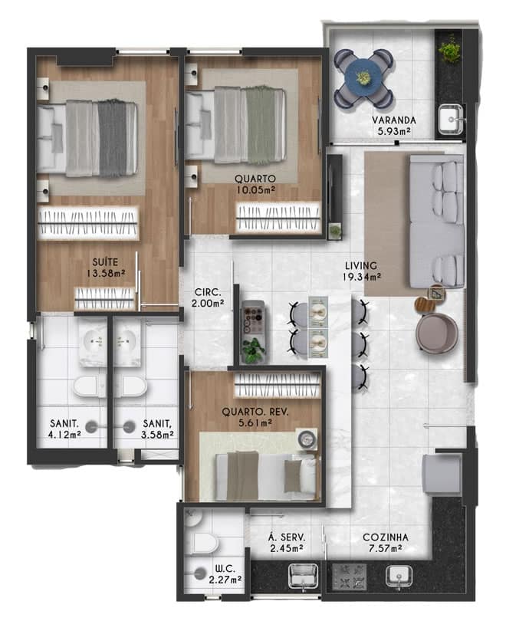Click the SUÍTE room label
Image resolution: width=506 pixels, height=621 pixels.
coord(105,261)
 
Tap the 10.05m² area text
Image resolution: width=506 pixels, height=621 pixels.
coord(256,190)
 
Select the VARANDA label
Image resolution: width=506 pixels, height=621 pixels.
coord(394,120)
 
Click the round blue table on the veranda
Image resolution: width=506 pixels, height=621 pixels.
coord(363,77)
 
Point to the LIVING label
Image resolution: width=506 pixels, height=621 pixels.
coord(360,265)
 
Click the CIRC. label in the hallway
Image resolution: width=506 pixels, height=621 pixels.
coord(208,292)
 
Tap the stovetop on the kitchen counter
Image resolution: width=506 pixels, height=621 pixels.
coord(349,577)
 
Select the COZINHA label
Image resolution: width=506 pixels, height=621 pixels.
coord(386,537)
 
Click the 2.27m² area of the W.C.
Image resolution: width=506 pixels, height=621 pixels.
coord(225,580)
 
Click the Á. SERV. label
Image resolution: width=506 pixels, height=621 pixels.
coord(287,537)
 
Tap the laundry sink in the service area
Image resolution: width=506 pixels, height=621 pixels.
coord(304,576)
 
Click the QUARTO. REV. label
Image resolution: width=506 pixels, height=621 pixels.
coord(255,412)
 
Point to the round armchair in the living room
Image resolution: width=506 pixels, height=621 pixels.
coord(437,333)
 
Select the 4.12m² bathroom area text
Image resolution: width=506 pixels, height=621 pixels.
coord(64,435)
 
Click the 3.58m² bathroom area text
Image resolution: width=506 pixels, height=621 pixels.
coord(157,435)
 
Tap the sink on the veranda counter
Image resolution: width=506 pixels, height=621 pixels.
coord(451,118)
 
